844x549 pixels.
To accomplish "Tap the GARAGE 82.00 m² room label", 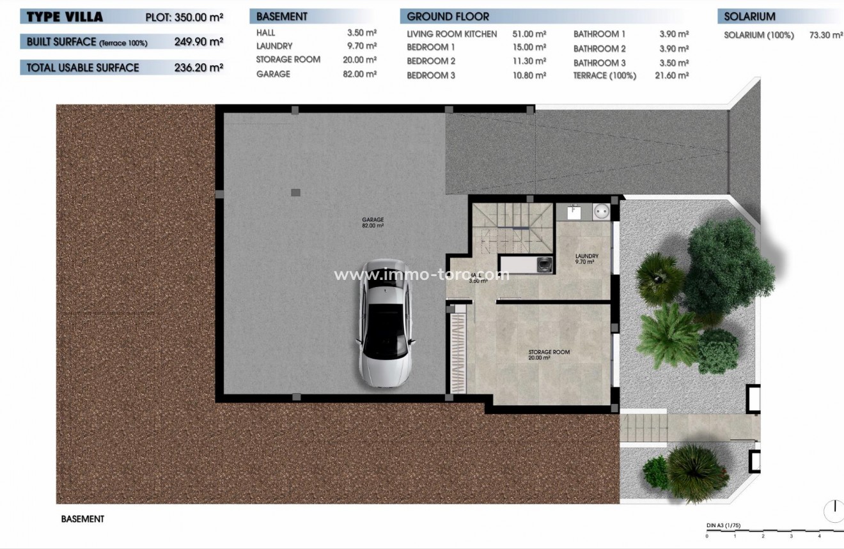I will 372,222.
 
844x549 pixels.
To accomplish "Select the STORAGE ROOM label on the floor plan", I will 549,355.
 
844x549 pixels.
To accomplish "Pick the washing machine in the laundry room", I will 543,263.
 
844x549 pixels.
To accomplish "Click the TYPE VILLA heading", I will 65,17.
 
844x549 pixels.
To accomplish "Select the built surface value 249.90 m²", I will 198,42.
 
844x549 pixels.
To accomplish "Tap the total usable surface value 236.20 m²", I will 198,67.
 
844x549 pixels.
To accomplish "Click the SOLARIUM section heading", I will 749,17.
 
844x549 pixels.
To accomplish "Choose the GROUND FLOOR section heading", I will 448,17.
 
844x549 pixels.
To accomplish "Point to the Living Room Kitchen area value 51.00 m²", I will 529,34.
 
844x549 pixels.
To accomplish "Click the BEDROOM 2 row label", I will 431,61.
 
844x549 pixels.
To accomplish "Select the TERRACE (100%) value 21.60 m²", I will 673,75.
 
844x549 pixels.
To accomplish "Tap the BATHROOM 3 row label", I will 599,63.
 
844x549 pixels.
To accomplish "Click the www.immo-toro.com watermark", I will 422,275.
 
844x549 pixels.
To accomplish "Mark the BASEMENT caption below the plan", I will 82,519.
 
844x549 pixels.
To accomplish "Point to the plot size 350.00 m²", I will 198,17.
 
